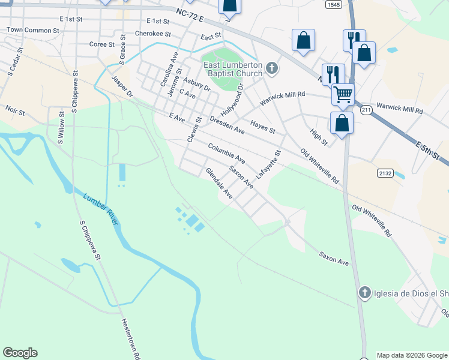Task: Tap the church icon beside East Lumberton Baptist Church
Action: (x=272, y=68)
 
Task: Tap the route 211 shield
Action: (x=366, y=110)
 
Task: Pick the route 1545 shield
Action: (x=335, y=4)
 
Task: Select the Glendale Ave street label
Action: (x=219, y=183)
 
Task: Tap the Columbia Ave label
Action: (x=227, y=154)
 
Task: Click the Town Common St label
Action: (x=33, y=29)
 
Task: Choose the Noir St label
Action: (x=15, y=112)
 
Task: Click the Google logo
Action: (x=20, y=353)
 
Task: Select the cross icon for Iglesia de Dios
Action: (x=364, y=293)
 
